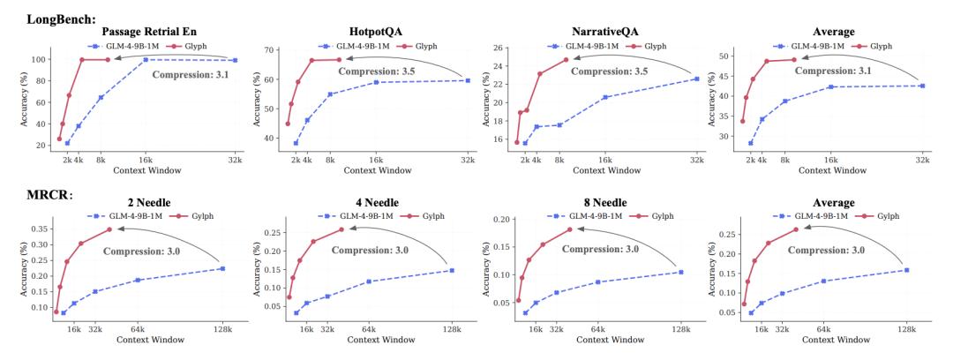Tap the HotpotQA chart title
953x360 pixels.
(x=376, y=30)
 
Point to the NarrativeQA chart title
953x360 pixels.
(x=607, y=30)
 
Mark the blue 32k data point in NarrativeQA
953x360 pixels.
(x=696, y=79)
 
